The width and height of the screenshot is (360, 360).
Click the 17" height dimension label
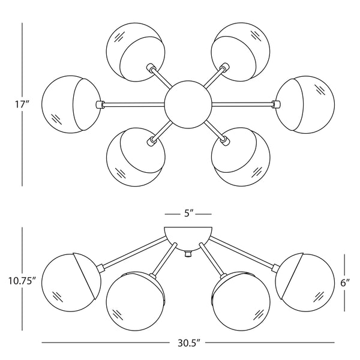[x=23, y=104]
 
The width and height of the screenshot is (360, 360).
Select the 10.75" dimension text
[x=22, y=281]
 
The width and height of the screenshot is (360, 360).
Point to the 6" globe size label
[x=345, y=283]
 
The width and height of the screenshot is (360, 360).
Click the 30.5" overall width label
[x=188, y=343]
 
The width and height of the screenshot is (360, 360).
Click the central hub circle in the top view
[x=188, y=105]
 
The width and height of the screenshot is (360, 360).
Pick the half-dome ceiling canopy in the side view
[x=188, y=238]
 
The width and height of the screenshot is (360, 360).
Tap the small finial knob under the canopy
[x=188, y=254]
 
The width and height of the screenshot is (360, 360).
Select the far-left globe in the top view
[x=71, y=104]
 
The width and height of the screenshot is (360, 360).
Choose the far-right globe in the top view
[x=305, y=105]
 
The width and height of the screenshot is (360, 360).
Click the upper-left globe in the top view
[x=136, y=52]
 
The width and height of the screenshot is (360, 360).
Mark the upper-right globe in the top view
[x=241, y=52]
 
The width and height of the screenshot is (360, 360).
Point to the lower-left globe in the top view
[x=136, y=157]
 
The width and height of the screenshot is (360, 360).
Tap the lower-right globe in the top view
[x=241, y=157]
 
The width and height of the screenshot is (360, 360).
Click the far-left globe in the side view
[x=71, y=283]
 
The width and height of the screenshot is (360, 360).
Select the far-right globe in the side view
[x=305, y=283]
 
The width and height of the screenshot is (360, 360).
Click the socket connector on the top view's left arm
[x=99, y=104]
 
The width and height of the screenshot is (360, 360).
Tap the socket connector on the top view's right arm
[x=276, y=104]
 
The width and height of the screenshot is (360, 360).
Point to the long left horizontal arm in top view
[x=134, y=104]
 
